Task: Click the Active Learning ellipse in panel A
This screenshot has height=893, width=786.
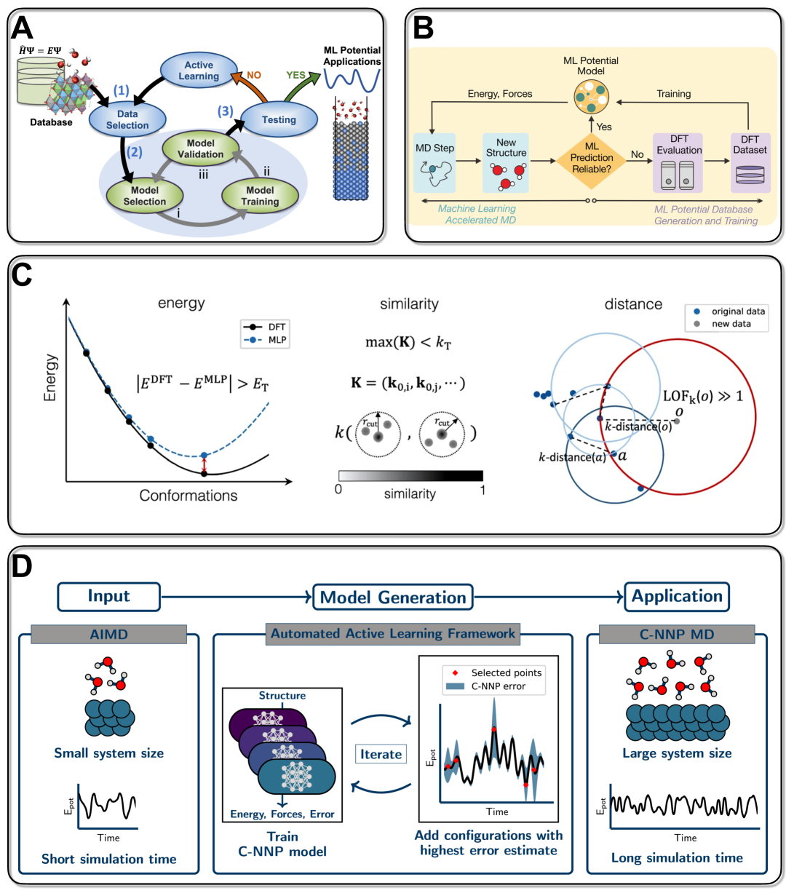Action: [198, 71]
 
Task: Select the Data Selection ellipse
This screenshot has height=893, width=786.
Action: [127, 119]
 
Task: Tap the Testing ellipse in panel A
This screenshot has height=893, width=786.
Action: [279, 119]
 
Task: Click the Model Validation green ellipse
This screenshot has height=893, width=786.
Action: [200, 148]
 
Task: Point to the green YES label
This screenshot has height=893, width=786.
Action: [296, 75]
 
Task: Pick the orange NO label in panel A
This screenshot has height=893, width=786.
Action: [254, 75]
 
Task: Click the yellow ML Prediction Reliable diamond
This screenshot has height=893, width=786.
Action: [592, 158]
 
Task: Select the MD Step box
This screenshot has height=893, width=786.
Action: [434, 162]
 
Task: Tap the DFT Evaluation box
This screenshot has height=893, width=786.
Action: [678, 162]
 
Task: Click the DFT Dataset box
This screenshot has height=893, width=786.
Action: [750, 162]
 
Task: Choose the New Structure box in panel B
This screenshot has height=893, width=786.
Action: [506, 162]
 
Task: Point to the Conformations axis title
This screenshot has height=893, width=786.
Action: [188, 496]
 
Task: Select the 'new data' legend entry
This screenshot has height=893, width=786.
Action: [730, 324]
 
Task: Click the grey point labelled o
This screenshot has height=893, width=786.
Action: [677, 421]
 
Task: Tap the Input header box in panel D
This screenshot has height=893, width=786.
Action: [108, 596]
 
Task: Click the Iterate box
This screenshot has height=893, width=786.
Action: [381, 754]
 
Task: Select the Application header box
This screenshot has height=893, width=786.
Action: [677, 597]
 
